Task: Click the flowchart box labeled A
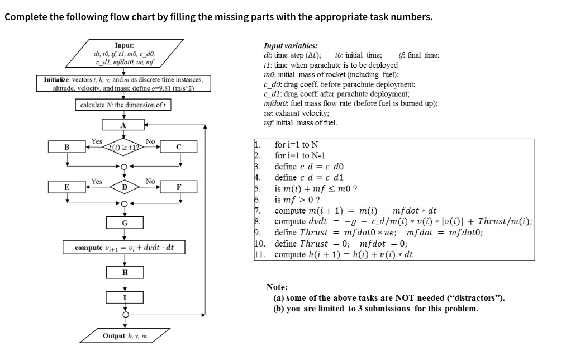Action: click(125, 125)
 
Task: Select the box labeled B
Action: click(67, 147)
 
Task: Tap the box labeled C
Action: click(179, 147)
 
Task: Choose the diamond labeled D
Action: click(125, 186)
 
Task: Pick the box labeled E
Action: click(67, 186)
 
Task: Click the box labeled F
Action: click(179, 186)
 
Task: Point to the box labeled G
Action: click(125, 222)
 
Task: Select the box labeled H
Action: click(125, 272)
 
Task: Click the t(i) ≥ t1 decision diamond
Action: click(125, 147)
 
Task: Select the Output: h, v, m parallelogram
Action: click(124, 336)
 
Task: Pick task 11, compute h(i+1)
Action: click(344, 254)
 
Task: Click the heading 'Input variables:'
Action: click(291, 46)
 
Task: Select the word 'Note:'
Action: click(277, 287)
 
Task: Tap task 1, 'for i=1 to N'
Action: click(296, 145)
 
